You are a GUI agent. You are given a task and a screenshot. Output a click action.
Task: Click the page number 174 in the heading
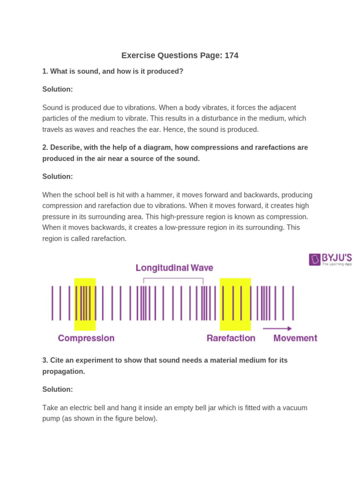point(232,55)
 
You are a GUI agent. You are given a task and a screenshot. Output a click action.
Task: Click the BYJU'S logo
point(330,259)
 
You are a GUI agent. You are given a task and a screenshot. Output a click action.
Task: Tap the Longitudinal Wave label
point(174,268)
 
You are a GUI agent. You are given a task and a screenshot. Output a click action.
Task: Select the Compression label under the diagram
point(86,338)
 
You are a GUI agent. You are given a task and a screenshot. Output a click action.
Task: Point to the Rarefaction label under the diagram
point(231,338)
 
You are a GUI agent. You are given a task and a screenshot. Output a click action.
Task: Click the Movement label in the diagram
point(295,338)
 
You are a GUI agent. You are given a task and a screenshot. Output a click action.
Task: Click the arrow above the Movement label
point(277,329)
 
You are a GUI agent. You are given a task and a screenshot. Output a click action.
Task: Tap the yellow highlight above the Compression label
point(85,304)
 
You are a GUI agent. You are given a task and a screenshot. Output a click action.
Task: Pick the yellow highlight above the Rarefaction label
point(235,304)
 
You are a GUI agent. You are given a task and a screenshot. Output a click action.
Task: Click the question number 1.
point(45,71)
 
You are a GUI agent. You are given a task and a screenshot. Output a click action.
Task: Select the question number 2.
point(45,147)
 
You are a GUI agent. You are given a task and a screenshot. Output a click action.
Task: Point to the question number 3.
point(45,360)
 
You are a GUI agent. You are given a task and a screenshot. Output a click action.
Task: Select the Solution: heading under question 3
point(58,389)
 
